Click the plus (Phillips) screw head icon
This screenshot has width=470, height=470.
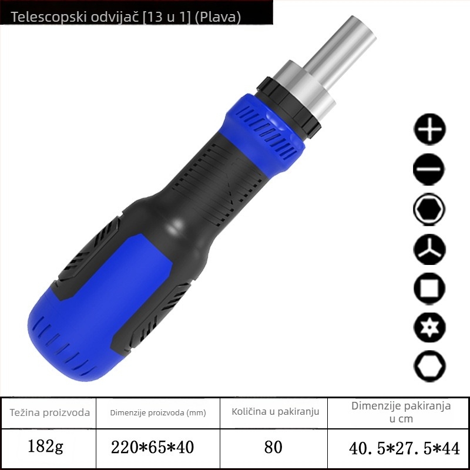[429, 129]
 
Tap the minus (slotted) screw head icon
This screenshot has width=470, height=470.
[429, 169]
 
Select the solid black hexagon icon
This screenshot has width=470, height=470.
[429, 209]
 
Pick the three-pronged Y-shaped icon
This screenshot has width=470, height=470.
[429, 249]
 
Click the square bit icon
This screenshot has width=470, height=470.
[429, 288]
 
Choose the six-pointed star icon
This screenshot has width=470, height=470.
[429, 327]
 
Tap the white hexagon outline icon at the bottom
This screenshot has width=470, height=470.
[429, 366]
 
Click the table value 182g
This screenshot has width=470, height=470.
[45, 446]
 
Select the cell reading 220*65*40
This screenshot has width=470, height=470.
[152, 447]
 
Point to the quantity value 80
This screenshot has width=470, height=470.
[273, 447]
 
